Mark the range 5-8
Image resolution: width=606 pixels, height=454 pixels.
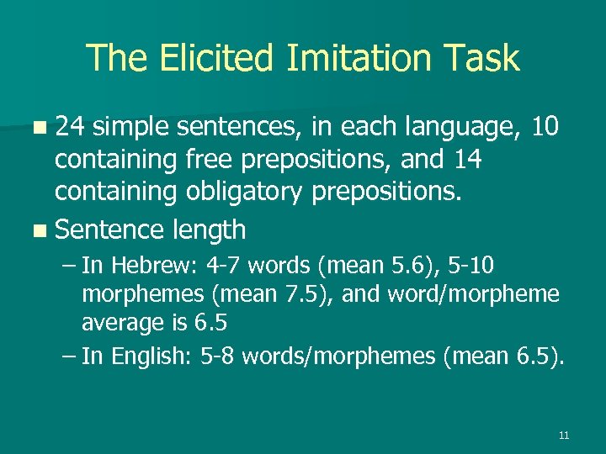(x=219, y=356)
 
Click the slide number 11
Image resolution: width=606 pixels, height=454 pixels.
(x=563, y=436)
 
